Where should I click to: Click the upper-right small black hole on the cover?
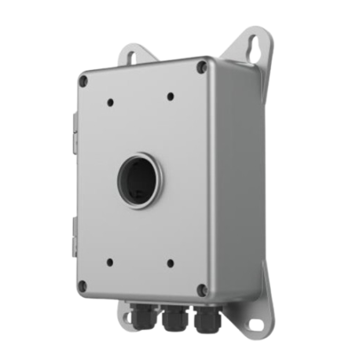tap(171, 97)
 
